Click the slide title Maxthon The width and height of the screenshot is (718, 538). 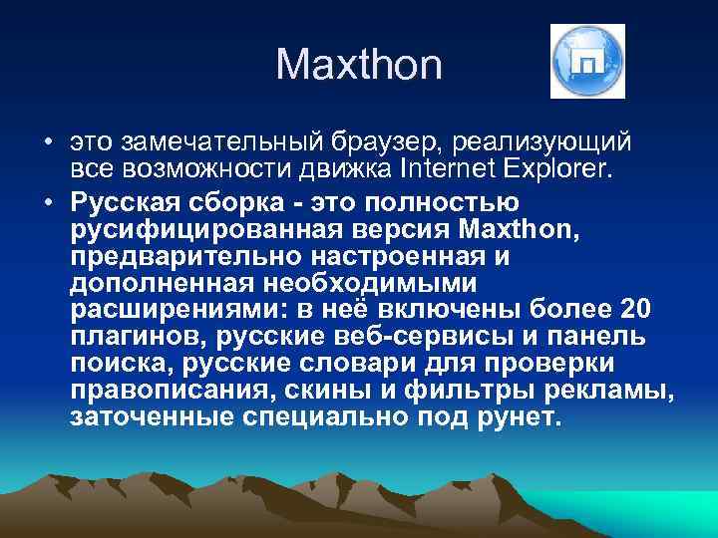tap(358, 65)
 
